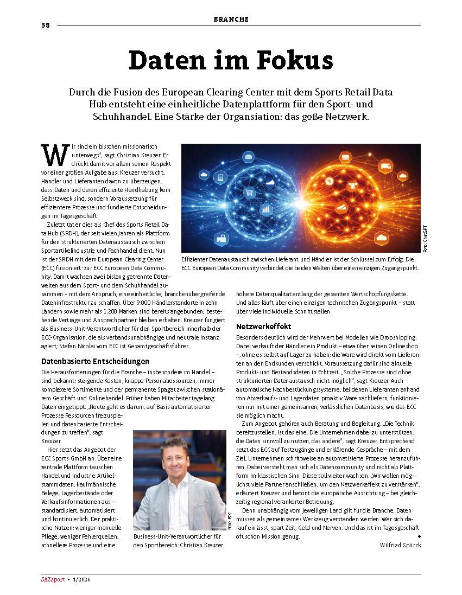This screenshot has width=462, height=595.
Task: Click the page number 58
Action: tap(46, 25)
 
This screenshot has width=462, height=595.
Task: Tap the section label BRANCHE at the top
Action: tap(231, 19)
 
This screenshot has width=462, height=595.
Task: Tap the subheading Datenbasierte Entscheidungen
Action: tap(96, 361)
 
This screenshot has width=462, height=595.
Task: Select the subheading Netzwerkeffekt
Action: tap(264, 327)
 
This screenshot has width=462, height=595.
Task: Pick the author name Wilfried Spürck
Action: tap(400, 545)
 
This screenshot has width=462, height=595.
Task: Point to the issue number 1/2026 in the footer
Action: tap(81, 581)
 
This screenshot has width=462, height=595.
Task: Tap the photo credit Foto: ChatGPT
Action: tap(425, 239)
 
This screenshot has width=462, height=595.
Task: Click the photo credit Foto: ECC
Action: tap(230, 521)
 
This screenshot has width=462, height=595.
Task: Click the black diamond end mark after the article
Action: tap(419, 536)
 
